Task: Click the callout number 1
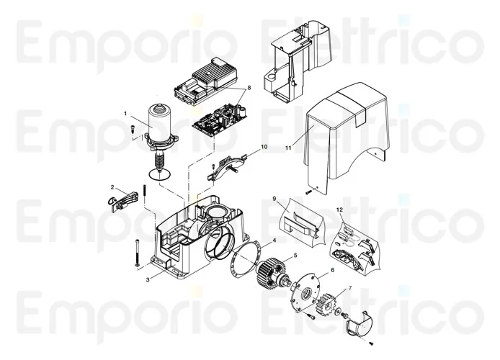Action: [x=125, y=113]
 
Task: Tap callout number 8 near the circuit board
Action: [x=249, y=88]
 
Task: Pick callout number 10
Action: [x=264, y=146]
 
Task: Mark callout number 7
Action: [x=350, y=288]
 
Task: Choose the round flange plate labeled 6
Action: [x=307, y=293]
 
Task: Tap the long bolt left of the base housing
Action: [x=135, y=252]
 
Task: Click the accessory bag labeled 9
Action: [x=297, y=219]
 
